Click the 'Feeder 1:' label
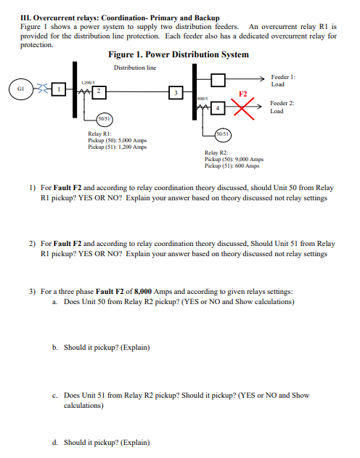point(283,75)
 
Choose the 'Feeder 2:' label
point(283,104)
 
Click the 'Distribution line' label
point(135,68)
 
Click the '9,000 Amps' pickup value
point(247,159)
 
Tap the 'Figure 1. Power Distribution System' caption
point(178,54)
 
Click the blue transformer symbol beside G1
point(45,89)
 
